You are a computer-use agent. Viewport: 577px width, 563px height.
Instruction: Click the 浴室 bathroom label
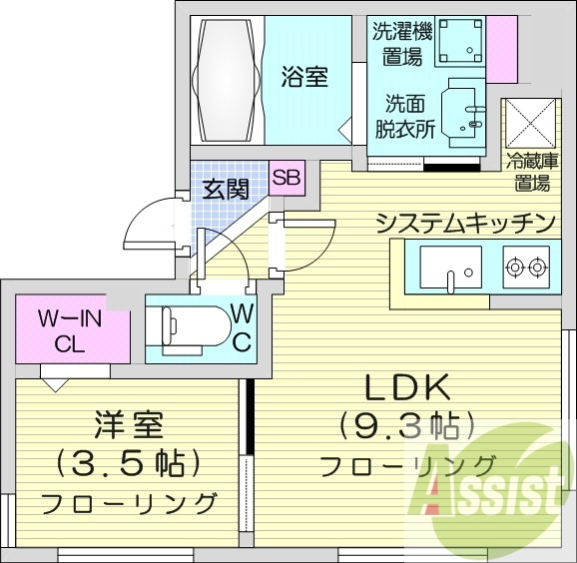click(303, 76)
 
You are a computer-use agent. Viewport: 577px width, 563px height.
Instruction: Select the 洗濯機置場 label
click(396, 42)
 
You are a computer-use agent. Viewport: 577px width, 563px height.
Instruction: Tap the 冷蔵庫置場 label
click(532, 171)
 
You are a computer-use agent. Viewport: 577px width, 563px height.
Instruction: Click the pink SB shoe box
click(287, 180)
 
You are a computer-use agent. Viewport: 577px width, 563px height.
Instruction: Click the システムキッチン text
click(465, 222)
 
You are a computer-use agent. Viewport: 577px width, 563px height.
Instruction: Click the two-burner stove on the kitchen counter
click(526, 267)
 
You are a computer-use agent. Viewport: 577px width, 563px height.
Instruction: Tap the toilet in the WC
click(189, 324)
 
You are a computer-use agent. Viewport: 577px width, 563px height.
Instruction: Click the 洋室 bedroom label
click(129, 426)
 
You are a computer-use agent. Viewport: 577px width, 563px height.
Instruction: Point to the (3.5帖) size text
click(130, 464)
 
